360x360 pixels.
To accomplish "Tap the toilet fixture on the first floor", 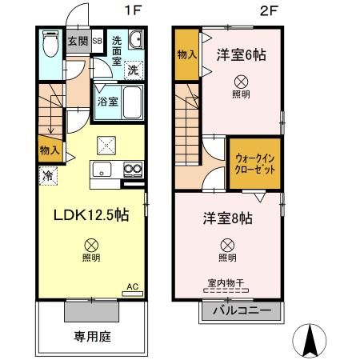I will pyautogui.click(x=50, y=43).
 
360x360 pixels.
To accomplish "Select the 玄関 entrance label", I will pyautogui.click(x=77, y=41).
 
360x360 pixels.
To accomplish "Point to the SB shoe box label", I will pyautogui.click(x=97, y=41).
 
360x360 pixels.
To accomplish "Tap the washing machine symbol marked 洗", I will pyautogui.click(x=134, y=70).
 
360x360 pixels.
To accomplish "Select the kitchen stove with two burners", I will pyautogui.click(x=131, y=169).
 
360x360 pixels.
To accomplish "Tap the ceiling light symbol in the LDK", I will pyautogui.click(x=91, y=244).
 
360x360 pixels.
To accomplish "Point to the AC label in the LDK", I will pyautogui.click(x=133, y=285).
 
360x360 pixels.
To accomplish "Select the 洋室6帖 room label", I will pyautogui.click(x=241, y=55).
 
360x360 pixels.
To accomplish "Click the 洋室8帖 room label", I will pyautogui.click(x=227, y=218).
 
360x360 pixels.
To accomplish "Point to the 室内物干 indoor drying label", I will pyautogui.click(x=227, y=284).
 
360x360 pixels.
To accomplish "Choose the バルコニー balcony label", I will pyautogui.click(x=242, y=310).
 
